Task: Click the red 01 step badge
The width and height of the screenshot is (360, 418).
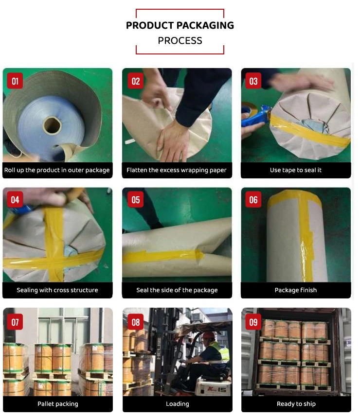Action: (15, 81)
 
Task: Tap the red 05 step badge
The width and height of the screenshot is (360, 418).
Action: (136, 200)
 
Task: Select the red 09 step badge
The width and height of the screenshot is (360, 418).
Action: (253, 322)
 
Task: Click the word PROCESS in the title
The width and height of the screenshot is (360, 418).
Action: (180, 41)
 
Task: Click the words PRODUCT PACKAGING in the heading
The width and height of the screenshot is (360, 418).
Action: (180, 25)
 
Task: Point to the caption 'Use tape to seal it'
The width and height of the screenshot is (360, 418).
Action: (296, 170)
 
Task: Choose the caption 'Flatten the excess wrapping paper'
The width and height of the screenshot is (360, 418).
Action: (177, 170)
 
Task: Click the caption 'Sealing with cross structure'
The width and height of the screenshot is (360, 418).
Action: (57, 290)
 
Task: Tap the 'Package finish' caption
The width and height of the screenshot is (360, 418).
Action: (296, 290)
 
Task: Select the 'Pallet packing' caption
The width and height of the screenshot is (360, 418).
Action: (57, 404)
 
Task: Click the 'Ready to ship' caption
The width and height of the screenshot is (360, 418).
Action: (296, 404)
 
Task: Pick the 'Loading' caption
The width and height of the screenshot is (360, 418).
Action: (177, 404)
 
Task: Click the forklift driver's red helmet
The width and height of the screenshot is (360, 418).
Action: (208, 335)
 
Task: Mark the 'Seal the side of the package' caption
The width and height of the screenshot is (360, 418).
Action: (177, 290)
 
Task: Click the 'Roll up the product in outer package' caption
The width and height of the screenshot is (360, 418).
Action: (57, 170)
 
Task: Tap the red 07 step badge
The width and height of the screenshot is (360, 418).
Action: (15, 322)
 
